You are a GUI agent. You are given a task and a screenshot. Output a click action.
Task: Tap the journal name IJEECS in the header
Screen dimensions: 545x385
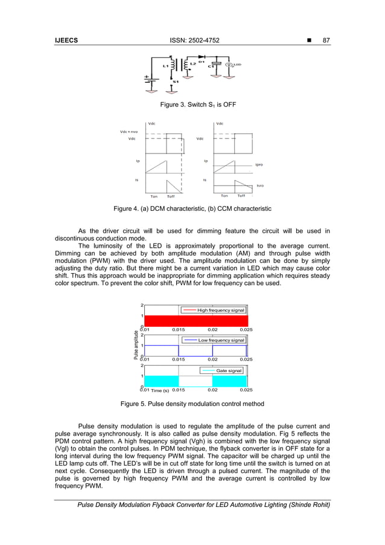[x=67, y=40]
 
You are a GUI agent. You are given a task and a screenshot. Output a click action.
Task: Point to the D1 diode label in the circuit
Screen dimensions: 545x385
[x=201, y=61]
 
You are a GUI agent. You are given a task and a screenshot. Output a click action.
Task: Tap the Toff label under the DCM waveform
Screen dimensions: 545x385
[x=171, y=196]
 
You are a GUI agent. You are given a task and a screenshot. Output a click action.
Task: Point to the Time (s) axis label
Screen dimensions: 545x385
[x=160, y=390]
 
